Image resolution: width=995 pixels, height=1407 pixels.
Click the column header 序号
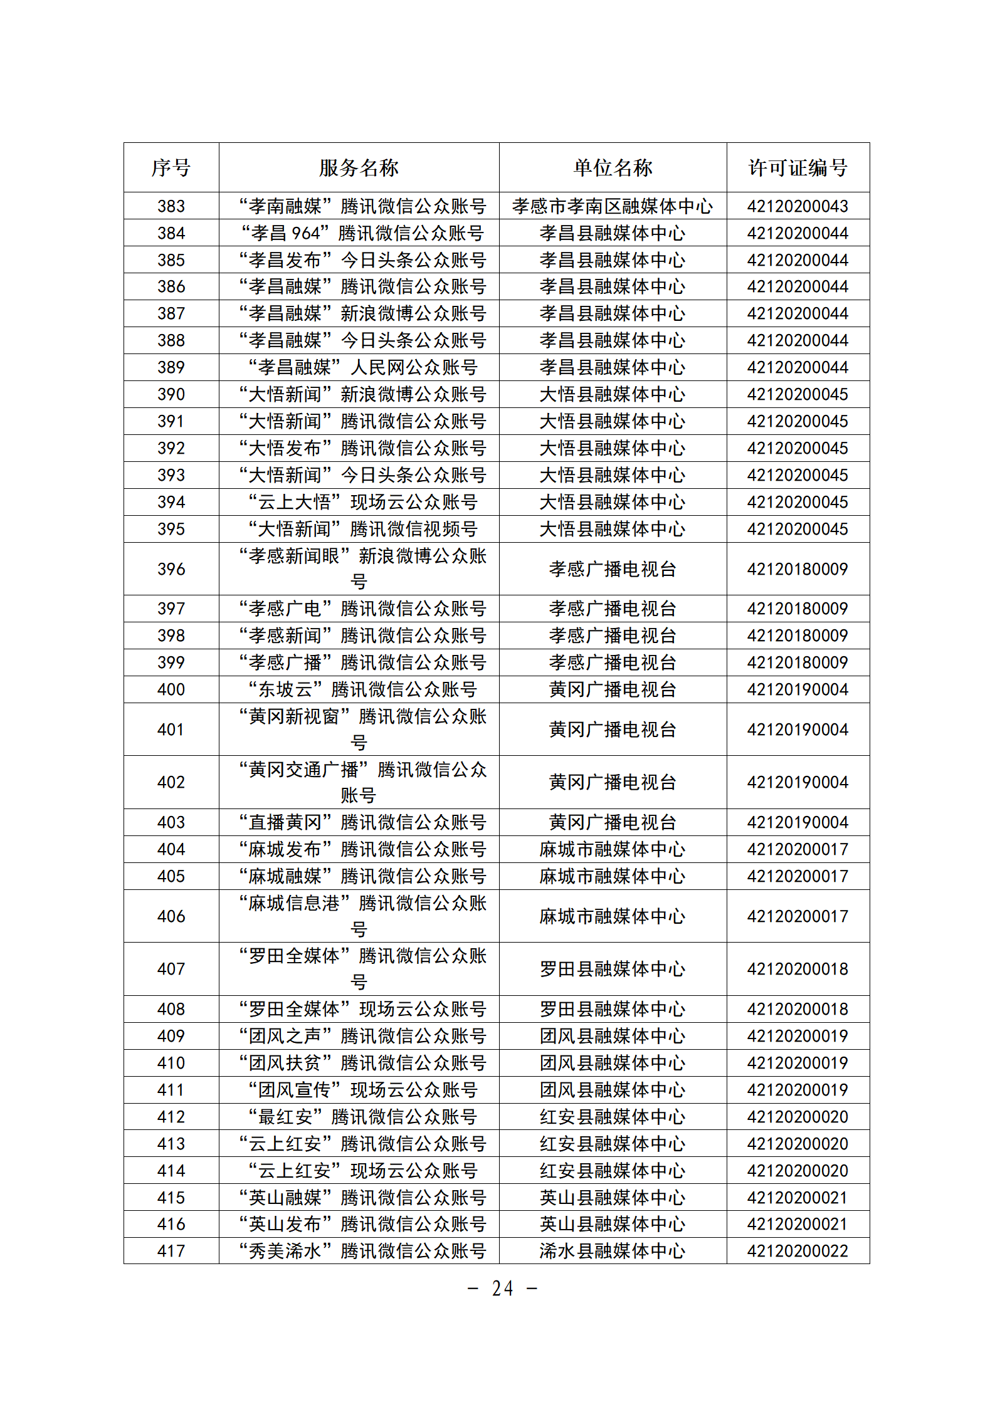pos(171,167)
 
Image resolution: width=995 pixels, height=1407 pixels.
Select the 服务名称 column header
pos(359,167)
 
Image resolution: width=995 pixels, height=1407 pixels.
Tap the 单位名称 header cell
pos(613,167)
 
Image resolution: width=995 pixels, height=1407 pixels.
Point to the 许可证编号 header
pos(798,167)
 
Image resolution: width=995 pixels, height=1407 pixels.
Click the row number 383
pos(171,206)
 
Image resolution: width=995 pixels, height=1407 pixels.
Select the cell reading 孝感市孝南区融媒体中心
pos(613,206)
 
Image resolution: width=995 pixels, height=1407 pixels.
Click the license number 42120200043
pos(798,206)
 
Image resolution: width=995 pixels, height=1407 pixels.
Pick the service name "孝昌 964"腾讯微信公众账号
pos(362,233)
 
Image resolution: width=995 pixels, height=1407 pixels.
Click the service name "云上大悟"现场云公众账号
pos(362,502)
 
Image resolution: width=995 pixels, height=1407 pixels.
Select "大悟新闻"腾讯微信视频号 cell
pos(362,529)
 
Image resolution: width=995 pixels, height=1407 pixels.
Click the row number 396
pos(171,569)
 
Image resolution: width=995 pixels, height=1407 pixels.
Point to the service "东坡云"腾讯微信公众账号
pos(362,689)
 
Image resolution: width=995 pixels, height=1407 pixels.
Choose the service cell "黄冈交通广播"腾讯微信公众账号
pos(362,782)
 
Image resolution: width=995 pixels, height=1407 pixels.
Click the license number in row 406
pos(798,916)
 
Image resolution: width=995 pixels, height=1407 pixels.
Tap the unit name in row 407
pos(613,969)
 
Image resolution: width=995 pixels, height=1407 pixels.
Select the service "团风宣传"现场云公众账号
pos(362,1090)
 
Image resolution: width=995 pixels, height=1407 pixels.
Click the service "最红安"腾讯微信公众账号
pos(362,1117)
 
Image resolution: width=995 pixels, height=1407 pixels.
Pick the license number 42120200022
pos(798,1251)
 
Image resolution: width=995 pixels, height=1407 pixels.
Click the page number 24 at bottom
pos(503,1289)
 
